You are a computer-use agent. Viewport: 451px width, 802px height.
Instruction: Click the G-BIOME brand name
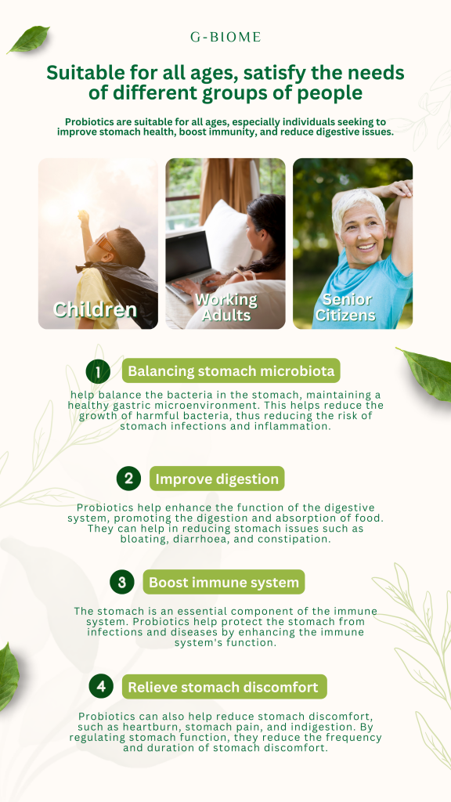pyautogui.click(x=225, y=37)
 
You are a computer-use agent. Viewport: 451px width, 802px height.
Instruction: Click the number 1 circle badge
pyautogui.click(x=98, y=370)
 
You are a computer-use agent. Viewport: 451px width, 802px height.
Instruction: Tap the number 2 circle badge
pyautogui.click(x=129, y=479)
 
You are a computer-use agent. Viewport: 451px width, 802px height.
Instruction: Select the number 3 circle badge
pyautogui.click(x=122, y=582)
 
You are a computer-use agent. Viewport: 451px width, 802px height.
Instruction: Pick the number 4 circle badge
pyautogui.click(x=101, y=686)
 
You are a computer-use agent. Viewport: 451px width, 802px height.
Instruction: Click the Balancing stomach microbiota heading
pyautogui.click(x=231, y=370)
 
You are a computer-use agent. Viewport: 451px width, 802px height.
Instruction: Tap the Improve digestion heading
pyautogui.click(x=217, y=479)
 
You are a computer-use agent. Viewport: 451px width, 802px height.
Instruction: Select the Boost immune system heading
pyautogui.click(x=224, y=582)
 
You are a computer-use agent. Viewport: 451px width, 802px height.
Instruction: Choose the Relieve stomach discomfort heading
pyautogui.click(x=225, y=686)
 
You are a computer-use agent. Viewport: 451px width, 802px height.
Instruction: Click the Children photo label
pyautogui.click(x=95, y=309)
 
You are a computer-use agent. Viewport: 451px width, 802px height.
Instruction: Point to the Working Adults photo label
pyautogui.click(x=226, y=307)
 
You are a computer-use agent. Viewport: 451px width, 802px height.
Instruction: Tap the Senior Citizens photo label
pyautogui.click(x=345, y=307)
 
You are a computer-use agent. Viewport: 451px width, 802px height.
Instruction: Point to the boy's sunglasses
pyautogui.click(x=105, y=242)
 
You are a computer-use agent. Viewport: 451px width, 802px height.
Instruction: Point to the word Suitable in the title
pyautogui.click(x=81, y=73)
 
